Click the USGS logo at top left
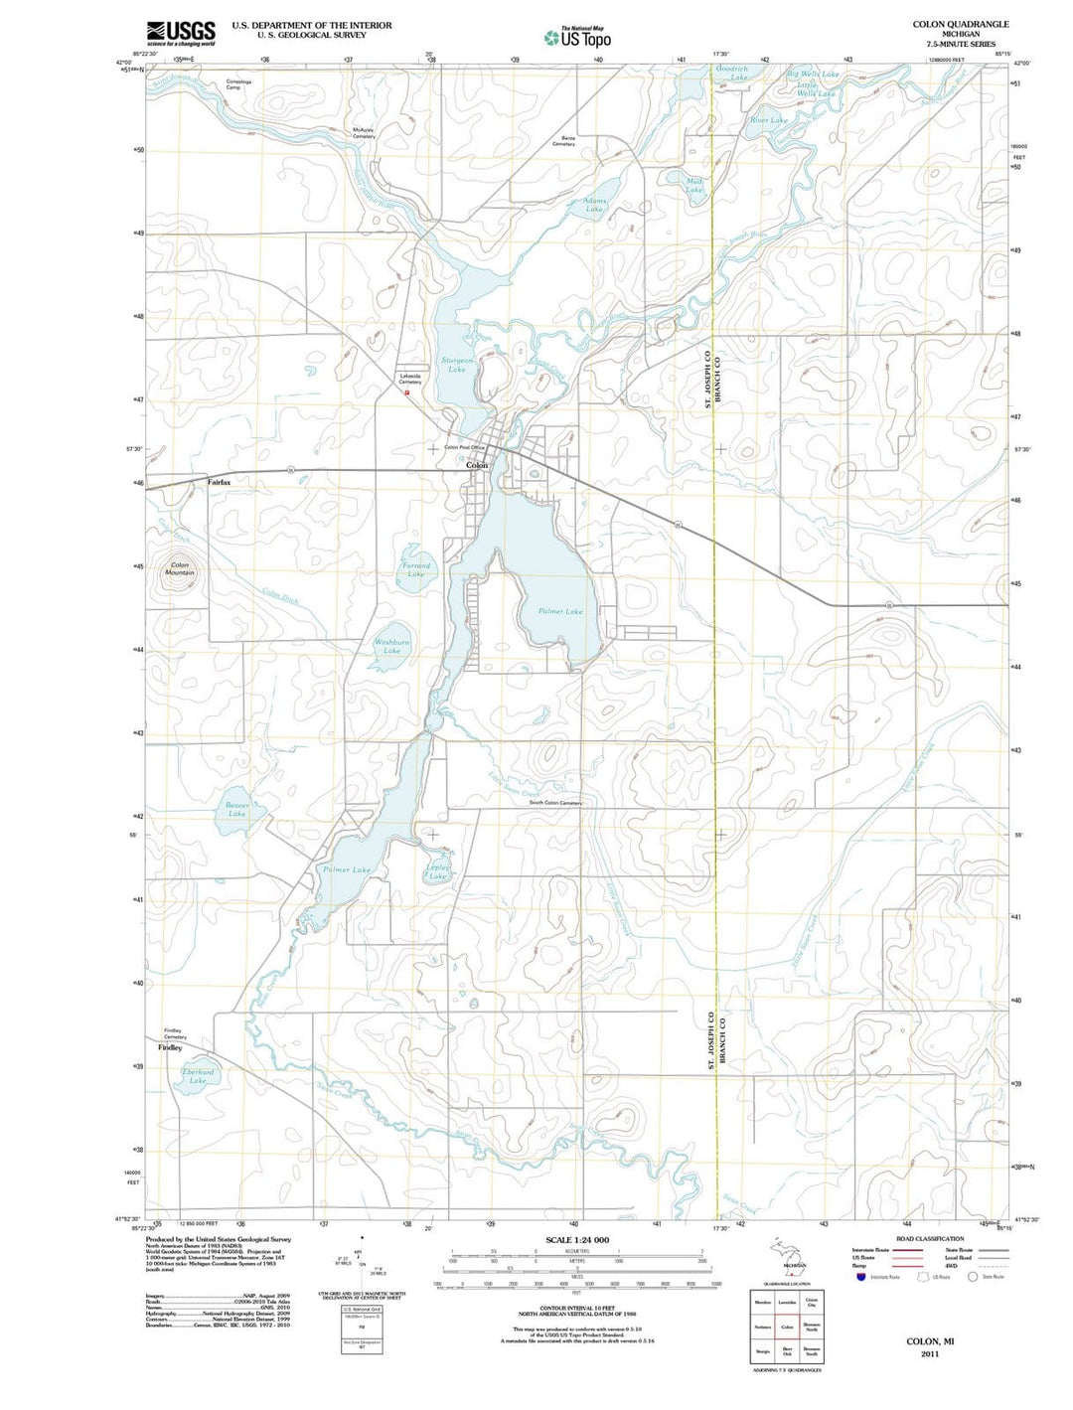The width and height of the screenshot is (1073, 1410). point(180,33)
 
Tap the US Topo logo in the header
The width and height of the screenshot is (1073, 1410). point(577,38)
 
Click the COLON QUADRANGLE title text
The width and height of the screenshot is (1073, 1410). point(960,24)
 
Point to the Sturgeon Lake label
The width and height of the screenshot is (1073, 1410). point(457,365)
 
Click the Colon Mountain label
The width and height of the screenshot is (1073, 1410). point(180,568)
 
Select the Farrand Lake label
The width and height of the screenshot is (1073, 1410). point(416,569)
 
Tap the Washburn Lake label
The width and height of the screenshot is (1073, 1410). point(391,647)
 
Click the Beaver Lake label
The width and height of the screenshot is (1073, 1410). point(236,809)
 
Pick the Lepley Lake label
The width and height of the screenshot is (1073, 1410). point(438,870)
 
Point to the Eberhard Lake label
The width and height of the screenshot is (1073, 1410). point(198,1076)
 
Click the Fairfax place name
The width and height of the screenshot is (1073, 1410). point(219,482)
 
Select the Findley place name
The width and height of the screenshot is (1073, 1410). point(170,1047)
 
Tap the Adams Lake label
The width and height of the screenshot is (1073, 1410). point(594,205)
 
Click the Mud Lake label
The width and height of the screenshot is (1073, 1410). point(694,185)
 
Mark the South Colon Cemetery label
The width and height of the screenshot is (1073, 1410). point(555,803)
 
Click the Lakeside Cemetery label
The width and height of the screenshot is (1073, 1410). point(411,379)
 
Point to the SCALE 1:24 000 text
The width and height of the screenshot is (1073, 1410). point(577,1240)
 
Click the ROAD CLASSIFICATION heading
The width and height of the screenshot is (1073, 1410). point(929,1239)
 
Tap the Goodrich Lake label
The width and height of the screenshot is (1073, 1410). point(733,73)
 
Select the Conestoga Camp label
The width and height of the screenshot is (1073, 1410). point(238,84)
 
